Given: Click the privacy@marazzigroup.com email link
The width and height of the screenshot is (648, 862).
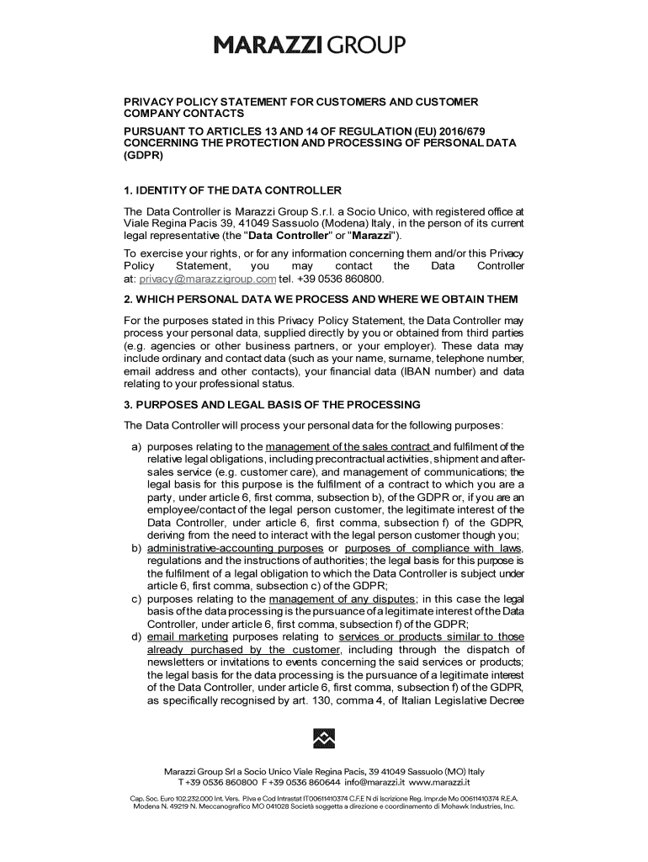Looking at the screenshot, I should point(208,279).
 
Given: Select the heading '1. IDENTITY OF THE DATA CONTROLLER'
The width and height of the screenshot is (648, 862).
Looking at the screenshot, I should point(232,190).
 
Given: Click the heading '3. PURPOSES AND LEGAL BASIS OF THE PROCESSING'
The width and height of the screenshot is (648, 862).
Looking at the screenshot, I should point(272,405).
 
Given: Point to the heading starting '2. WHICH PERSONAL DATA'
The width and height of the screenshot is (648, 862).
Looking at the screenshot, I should point(321,301).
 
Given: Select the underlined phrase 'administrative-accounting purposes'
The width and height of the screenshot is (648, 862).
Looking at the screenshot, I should point(235,549).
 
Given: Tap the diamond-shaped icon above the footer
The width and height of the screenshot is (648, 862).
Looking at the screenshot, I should point(324,738).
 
